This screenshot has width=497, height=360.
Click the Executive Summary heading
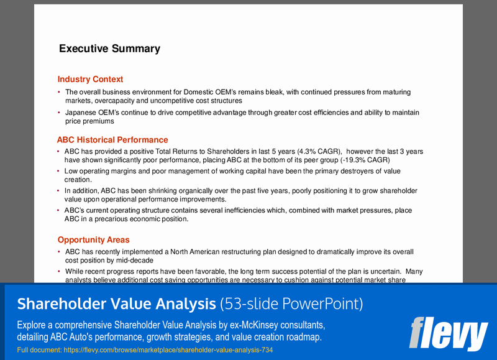tap(109, 48)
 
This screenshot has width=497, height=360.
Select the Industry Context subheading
tap(90, 79)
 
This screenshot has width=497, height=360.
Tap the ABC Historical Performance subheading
tap(112, 140)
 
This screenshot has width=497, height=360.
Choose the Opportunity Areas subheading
tap(93, 239)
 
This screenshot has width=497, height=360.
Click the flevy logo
tap(449, 333)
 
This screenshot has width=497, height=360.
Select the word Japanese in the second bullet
tap(81, 113)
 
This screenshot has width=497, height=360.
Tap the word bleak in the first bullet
tap(274, 92)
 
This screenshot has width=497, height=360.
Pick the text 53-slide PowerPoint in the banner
tap(292, 303)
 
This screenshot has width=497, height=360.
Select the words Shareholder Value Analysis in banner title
tap(117, 303)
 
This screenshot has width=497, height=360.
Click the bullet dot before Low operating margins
tap(59, 171)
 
